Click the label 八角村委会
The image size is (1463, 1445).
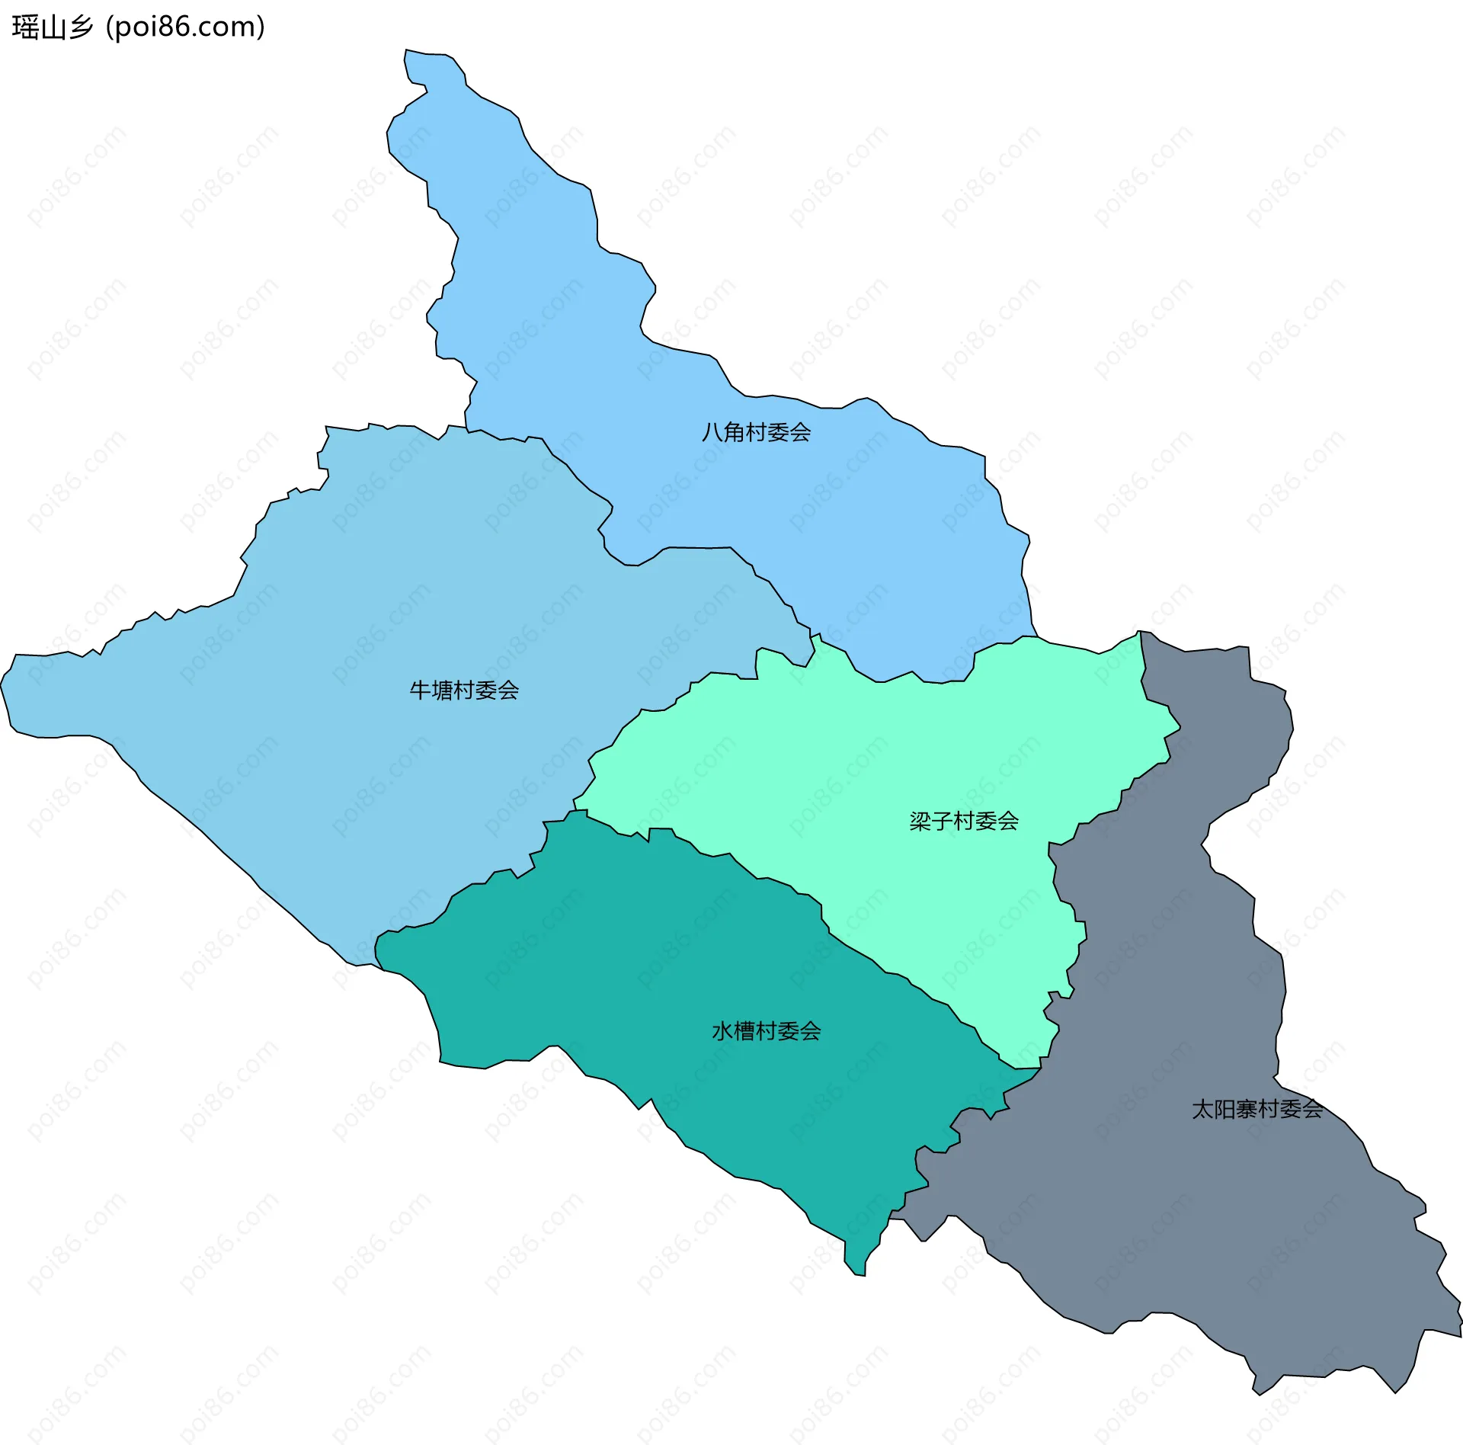756,432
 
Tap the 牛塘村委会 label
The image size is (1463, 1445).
464,690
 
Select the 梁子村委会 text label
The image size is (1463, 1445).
964,821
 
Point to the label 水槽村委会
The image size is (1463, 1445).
766,1031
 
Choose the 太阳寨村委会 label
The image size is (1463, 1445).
1257,1109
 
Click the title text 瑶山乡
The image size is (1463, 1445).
52,27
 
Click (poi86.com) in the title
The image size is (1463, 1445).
185,27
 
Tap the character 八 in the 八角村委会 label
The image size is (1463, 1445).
712,432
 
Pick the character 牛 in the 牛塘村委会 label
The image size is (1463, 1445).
420,690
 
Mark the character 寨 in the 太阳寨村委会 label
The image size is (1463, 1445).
1247,1109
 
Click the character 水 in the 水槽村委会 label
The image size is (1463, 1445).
722,1031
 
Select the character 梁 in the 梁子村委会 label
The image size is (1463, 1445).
920,821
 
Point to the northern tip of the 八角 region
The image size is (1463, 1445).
407,52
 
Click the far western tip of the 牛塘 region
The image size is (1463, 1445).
2,686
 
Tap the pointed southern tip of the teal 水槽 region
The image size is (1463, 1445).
861,1274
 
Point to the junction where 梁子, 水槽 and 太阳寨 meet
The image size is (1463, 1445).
1039,1069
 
